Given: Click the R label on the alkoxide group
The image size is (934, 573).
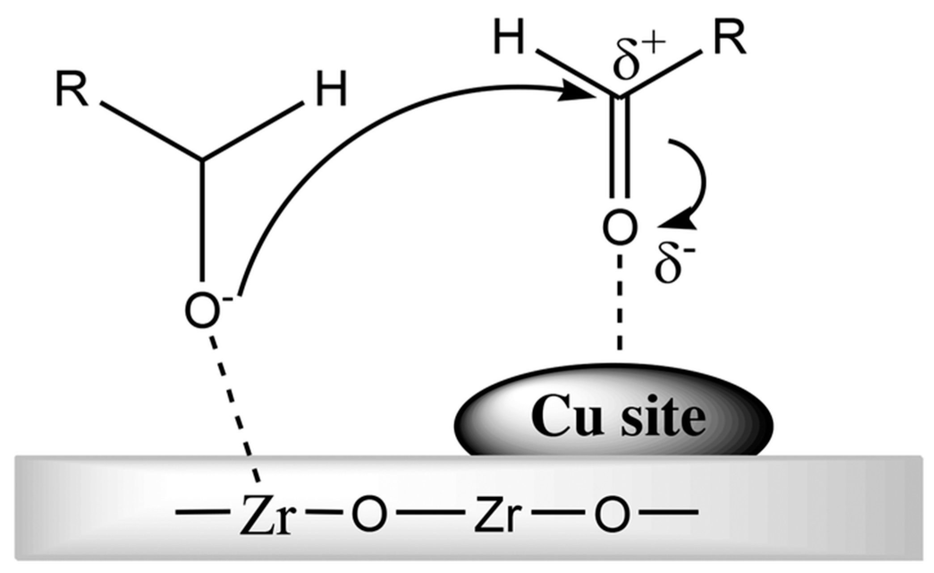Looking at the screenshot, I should pos(72,91).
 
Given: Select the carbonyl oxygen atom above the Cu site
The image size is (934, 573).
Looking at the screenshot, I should pos(619,228).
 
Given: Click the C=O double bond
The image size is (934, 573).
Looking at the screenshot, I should pos(619,148).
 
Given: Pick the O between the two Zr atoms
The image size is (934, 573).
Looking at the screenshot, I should pos(369,514).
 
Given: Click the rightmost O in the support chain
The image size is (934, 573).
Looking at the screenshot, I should pos(613,514).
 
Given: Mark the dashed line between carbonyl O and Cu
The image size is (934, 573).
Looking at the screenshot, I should pos(619,304).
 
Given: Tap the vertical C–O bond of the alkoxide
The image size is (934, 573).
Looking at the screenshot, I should pos(203,219).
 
